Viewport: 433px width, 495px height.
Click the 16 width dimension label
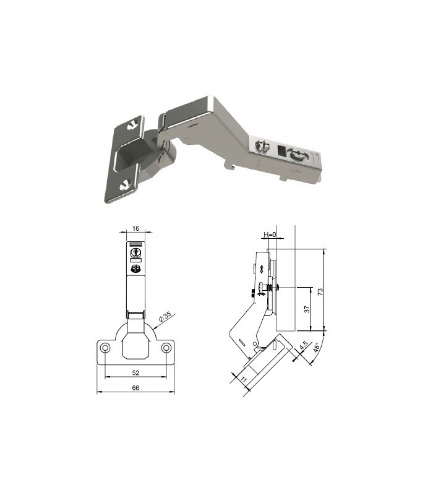(x=135, y=228)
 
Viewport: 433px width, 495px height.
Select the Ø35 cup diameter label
(x=165, y=317)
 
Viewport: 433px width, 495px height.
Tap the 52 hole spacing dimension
(x=135, y=373)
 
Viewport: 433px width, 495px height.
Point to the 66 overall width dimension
(x=135, y=388)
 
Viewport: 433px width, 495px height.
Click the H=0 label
(x=270, y=235)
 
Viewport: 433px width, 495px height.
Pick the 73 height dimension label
(x=320, y=291)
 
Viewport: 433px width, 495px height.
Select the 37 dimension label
(x=307, y=309)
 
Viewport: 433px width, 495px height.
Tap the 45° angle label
(x=317, y=348)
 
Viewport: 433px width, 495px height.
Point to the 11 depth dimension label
(x=244, y=379)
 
